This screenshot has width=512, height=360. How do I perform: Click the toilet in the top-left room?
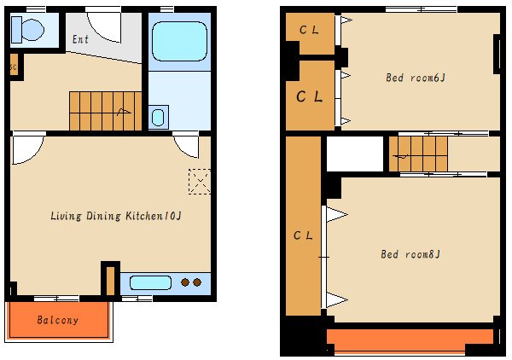tap(27, 30)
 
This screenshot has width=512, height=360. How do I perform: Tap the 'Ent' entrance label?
tap(80, 39)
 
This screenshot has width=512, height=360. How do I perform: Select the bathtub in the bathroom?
tap(179, 41)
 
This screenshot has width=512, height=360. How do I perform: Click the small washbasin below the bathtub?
tap(159, 117)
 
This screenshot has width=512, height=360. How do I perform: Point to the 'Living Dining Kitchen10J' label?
tap(116, 216)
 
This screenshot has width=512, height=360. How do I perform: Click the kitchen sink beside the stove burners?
tap(150, 282)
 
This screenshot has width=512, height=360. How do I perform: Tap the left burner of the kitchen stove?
tap(185, 282)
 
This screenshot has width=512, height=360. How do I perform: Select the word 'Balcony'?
tap(58, 320)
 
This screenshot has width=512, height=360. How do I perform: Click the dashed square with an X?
tap(200, 182)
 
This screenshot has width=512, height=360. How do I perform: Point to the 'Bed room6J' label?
tap(416, 78)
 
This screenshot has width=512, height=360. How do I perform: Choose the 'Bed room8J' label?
tap(410, 254)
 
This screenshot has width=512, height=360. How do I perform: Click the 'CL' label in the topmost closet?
tap(309, 30)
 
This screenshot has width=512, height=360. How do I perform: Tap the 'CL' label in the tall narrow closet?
tap(303, 235)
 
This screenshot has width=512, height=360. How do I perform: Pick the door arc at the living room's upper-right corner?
tap(183, 148)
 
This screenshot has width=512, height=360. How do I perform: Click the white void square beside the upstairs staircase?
tap(355, 154)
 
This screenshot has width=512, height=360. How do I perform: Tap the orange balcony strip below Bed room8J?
tap(410, 336)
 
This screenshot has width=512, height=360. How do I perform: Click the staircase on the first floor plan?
tap(105, 111)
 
